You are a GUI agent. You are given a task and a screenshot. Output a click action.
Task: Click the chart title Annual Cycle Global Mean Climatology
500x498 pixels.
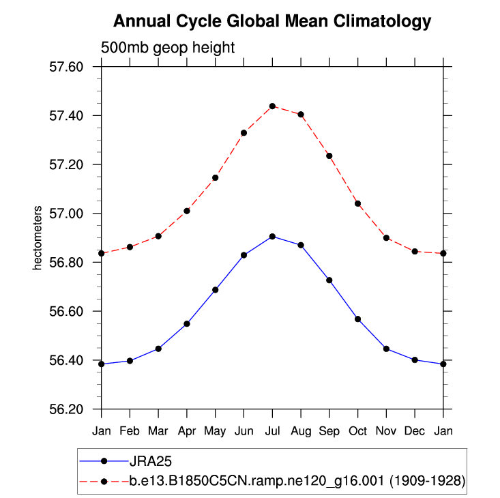pos(272,21)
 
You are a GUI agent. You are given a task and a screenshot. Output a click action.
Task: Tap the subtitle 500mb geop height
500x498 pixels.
pos(168,48)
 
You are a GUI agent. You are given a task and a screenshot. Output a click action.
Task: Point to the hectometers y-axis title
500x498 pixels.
pos(38,237)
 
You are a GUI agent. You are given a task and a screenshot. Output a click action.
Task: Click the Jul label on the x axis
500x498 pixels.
pos(272,431)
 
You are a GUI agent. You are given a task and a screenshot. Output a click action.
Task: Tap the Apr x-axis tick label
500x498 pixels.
pos(187,431)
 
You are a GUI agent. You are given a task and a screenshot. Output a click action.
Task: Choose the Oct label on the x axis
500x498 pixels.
pos(357,431)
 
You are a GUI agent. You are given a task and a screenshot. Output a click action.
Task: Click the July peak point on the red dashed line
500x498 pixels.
pos(272,106)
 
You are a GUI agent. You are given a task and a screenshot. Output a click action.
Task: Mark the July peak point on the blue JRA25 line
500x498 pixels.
pos(272,237)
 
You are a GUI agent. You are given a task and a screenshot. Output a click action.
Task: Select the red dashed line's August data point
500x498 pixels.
pos(301,114)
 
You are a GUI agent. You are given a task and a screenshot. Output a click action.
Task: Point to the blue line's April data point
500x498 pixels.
pos(187,323)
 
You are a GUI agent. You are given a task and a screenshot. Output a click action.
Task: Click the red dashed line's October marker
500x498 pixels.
pos(357,203)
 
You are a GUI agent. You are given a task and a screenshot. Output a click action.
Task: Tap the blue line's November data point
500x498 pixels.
pos(386,349)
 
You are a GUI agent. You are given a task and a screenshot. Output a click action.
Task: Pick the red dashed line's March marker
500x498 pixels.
pos(158,236)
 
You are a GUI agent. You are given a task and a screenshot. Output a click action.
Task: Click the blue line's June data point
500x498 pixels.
pos(244,255)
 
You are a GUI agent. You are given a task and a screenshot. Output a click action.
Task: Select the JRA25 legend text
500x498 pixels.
pos(147,461)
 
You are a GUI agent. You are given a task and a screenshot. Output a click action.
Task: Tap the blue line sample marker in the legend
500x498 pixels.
pos(104,461)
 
